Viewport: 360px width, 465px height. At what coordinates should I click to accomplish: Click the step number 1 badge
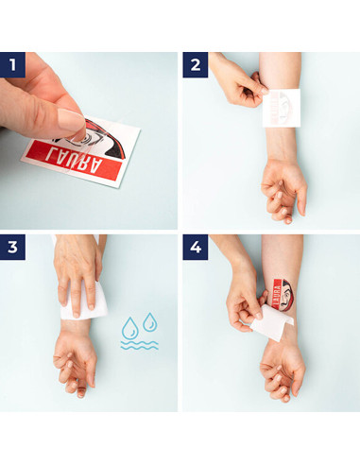click(x=12, y=65)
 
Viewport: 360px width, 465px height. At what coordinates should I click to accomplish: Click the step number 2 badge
click(x=196, y=65)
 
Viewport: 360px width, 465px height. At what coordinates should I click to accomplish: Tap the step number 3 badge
click(x=12, y=247)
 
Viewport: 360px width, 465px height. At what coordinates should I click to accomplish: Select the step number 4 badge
click(x=196, y=247)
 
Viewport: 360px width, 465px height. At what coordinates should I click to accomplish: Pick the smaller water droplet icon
click(x=150, y=322)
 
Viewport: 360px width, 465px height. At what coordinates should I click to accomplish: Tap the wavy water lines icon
click(x=139, y=345)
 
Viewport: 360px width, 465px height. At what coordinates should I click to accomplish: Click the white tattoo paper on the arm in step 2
click(x=282, y=108)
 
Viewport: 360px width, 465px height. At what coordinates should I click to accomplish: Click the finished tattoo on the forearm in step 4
click(x=283, y=294)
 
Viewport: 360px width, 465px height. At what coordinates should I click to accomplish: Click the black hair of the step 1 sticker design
click(x=108, y=139)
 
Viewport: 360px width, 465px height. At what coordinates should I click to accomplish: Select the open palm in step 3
click(x=75, y=359)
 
